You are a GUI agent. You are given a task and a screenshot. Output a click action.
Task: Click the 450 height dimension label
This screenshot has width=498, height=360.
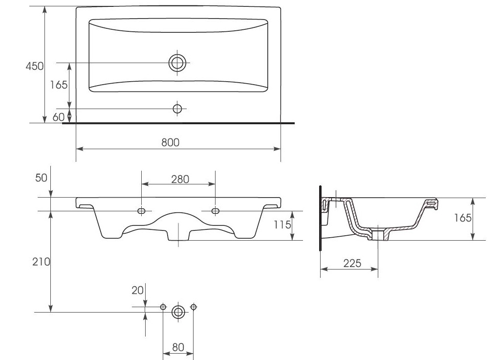point(35,66)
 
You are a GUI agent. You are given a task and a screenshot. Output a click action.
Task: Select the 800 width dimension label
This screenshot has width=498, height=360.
point(170,142)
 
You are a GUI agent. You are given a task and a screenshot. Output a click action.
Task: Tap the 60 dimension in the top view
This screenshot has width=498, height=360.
point(59,117)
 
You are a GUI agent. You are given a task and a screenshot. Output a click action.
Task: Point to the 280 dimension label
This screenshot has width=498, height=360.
point(180,179)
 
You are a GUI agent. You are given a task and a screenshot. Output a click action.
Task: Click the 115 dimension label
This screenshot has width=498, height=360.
point(282,225)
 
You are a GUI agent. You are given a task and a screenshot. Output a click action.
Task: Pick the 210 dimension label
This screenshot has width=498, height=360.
point(41,262)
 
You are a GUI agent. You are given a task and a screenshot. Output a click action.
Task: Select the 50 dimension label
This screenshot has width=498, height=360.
point(41,178)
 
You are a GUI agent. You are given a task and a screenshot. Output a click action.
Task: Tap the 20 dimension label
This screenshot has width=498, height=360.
point(137,290)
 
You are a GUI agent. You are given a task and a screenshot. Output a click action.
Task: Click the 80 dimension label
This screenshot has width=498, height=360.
point(178,347)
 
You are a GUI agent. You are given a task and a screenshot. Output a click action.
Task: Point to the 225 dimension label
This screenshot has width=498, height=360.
point(352,263)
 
